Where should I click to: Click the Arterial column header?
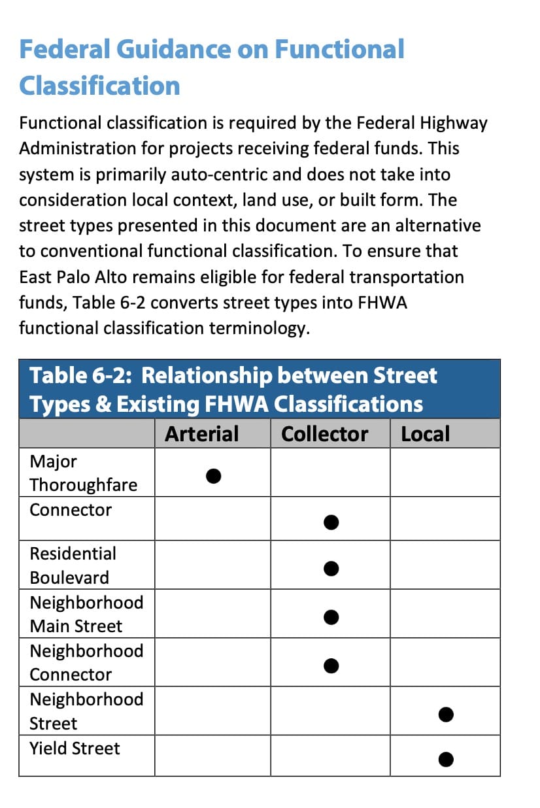point(201,434)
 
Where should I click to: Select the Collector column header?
point(324,434)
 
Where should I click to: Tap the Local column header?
point(425,434)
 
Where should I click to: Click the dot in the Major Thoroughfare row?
point(213,475)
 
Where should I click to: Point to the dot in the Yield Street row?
point(446,759)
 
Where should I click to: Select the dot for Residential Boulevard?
point(331,569)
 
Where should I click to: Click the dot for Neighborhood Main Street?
point(331,616)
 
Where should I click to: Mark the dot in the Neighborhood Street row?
point(446,715)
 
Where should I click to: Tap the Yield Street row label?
point(75,748)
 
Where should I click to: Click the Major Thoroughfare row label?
point(83,473)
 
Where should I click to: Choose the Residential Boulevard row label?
point(73,565)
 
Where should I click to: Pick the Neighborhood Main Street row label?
point(86,614)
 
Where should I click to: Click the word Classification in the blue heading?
point(99,86)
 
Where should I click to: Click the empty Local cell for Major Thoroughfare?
point(445,472)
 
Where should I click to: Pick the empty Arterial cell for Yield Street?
point(212,757)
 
